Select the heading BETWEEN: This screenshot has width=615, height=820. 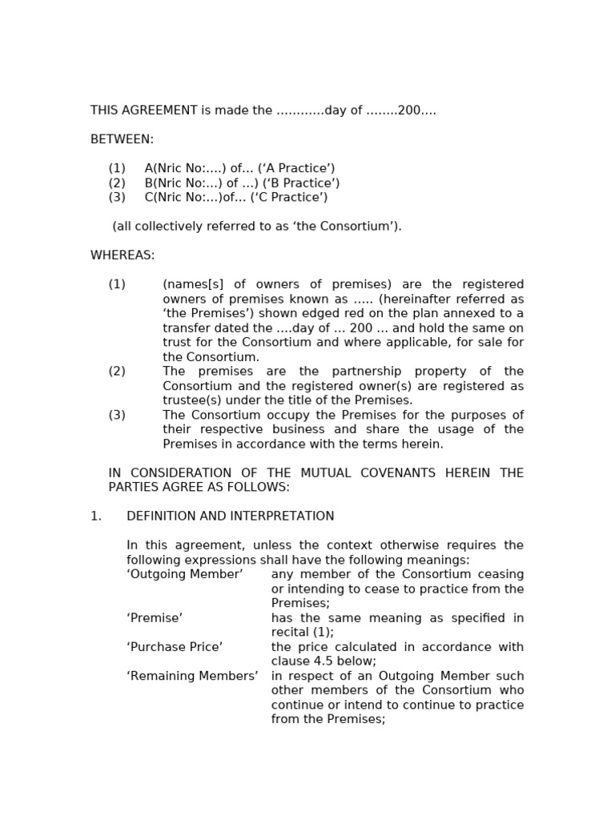(122, 139)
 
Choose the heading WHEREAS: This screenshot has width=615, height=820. (123, 255)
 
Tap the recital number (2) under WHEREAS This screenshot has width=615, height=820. (117, 372)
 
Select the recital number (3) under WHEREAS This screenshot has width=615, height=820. (117, 415)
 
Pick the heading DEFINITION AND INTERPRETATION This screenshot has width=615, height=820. (231, 517)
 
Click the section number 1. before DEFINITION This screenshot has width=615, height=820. (96, 517)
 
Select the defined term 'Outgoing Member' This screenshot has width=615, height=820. (185, 574)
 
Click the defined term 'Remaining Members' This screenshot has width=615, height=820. (192, 676)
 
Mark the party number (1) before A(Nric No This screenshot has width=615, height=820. (117, 168)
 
